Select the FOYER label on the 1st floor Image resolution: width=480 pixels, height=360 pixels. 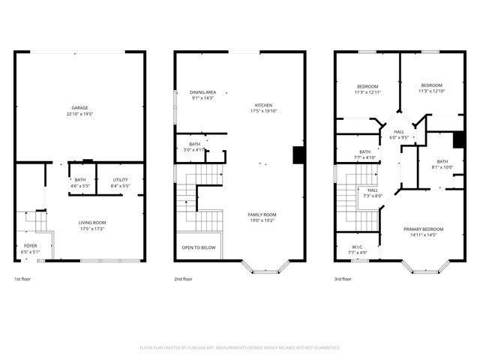point(30,245)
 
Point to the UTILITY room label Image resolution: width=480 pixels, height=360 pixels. point(120,179)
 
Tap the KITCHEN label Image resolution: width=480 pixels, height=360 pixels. point(263,105)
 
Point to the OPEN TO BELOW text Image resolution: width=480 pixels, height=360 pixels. point(199,247)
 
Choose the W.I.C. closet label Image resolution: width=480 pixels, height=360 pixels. point(357,247)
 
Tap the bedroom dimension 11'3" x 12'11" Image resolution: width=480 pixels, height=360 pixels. point(367,91)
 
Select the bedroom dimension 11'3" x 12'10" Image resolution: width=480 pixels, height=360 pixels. point(432,91)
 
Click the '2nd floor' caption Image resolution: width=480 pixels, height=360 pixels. point(184,278)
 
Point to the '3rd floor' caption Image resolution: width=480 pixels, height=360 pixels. point(343,278)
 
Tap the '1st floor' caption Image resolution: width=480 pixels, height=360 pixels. point(22,278)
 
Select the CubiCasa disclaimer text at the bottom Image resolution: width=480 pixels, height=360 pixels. point(240,348)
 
